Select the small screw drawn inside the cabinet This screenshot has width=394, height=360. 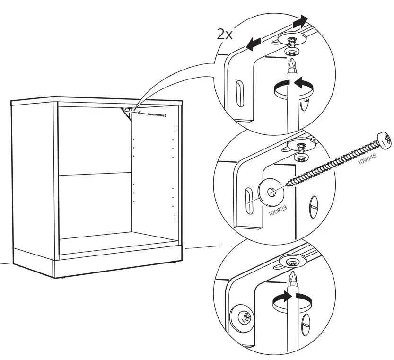[x=151, y=114]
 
